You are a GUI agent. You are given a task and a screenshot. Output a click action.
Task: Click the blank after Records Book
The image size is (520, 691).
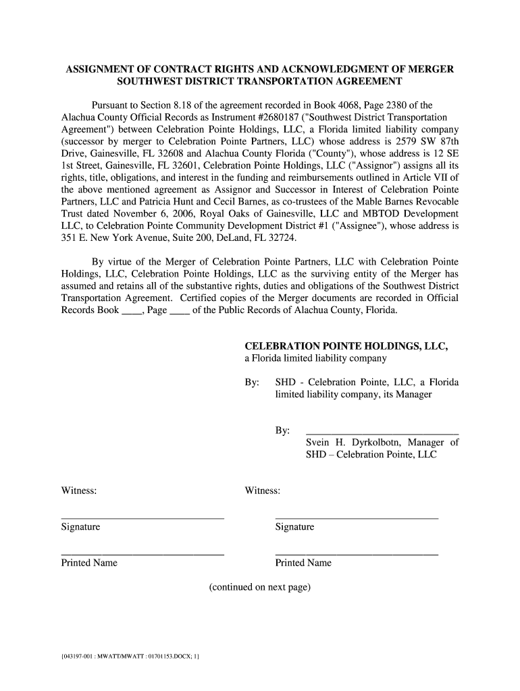coord(131,312)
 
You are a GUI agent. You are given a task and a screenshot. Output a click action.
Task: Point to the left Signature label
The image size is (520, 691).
coord(80,526)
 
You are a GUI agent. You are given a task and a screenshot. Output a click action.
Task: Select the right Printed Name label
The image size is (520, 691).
coord(303,563)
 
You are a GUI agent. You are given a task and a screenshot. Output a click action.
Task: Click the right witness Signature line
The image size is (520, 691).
coord(357,518)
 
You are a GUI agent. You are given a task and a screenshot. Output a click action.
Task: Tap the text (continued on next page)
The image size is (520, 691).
coord(260,587)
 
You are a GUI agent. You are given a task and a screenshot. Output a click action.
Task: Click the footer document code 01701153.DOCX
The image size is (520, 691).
coord(157,655)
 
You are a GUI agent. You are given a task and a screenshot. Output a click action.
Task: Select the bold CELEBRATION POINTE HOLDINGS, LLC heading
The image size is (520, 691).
coord(346,346)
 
